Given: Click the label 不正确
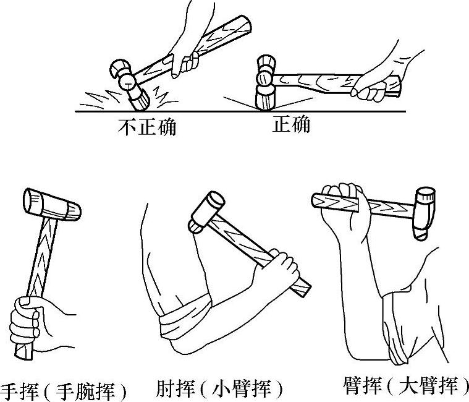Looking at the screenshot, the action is coord(147,127).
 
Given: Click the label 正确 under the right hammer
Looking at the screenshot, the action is coord(291,124).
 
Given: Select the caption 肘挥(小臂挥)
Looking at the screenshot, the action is coord(219,388).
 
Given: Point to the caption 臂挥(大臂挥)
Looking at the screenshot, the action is coord(405,385).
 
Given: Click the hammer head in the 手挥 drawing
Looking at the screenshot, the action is coord(52,205).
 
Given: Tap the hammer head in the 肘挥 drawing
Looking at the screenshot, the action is coord(206,212).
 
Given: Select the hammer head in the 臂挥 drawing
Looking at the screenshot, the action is coord(424,213).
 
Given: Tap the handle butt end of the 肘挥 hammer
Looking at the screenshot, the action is coord(302,288).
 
